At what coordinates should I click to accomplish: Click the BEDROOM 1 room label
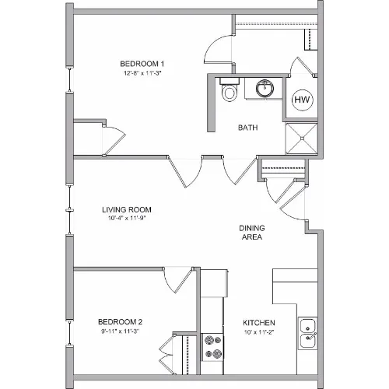click(x=142, y=64)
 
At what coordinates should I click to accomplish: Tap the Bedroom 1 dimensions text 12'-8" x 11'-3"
click(x=142, y=73)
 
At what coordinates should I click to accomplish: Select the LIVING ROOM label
click(x=127, y=209)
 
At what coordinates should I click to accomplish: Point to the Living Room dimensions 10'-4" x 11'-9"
click(x=127, y=218)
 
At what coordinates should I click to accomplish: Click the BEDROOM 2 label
click(x=120, y=322)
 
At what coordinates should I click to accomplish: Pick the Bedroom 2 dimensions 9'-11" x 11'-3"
click(x=120, y=331)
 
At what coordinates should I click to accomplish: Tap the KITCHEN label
click(x=259, y=323)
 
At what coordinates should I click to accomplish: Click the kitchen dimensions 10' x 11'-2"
click(x=259, y=332)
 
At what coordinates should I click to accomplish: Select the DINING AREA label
click(x=252, y=233)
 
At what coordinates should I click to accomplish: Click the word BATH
click(x=247, y=128)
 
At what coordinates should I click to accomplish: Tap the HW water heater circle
click(x=302, y=100)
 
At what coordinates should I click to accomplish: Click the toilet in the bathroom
click(x=230, y=89)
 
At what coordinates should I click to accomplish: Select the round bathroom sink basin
click(x=265, y=89)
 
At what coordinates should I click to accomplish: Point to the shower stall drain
click(x=302, y=138)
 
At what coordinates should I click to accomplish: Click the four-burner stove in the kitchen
click(x=212, y=347)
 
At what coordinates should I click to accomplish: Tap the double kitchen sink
click(x=307, y=333)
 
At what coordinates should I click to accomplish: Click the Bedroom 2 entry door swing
click(x=179, y=280)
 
